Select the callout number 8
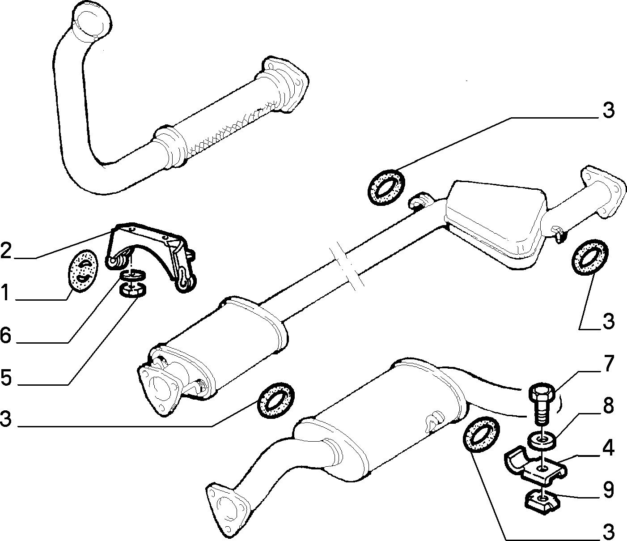[608, 405]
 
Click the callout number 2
[6, 250]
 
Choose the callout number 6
[6, 335]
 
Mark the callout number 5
[6, 377]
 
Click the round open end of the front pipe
[92, 21]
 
